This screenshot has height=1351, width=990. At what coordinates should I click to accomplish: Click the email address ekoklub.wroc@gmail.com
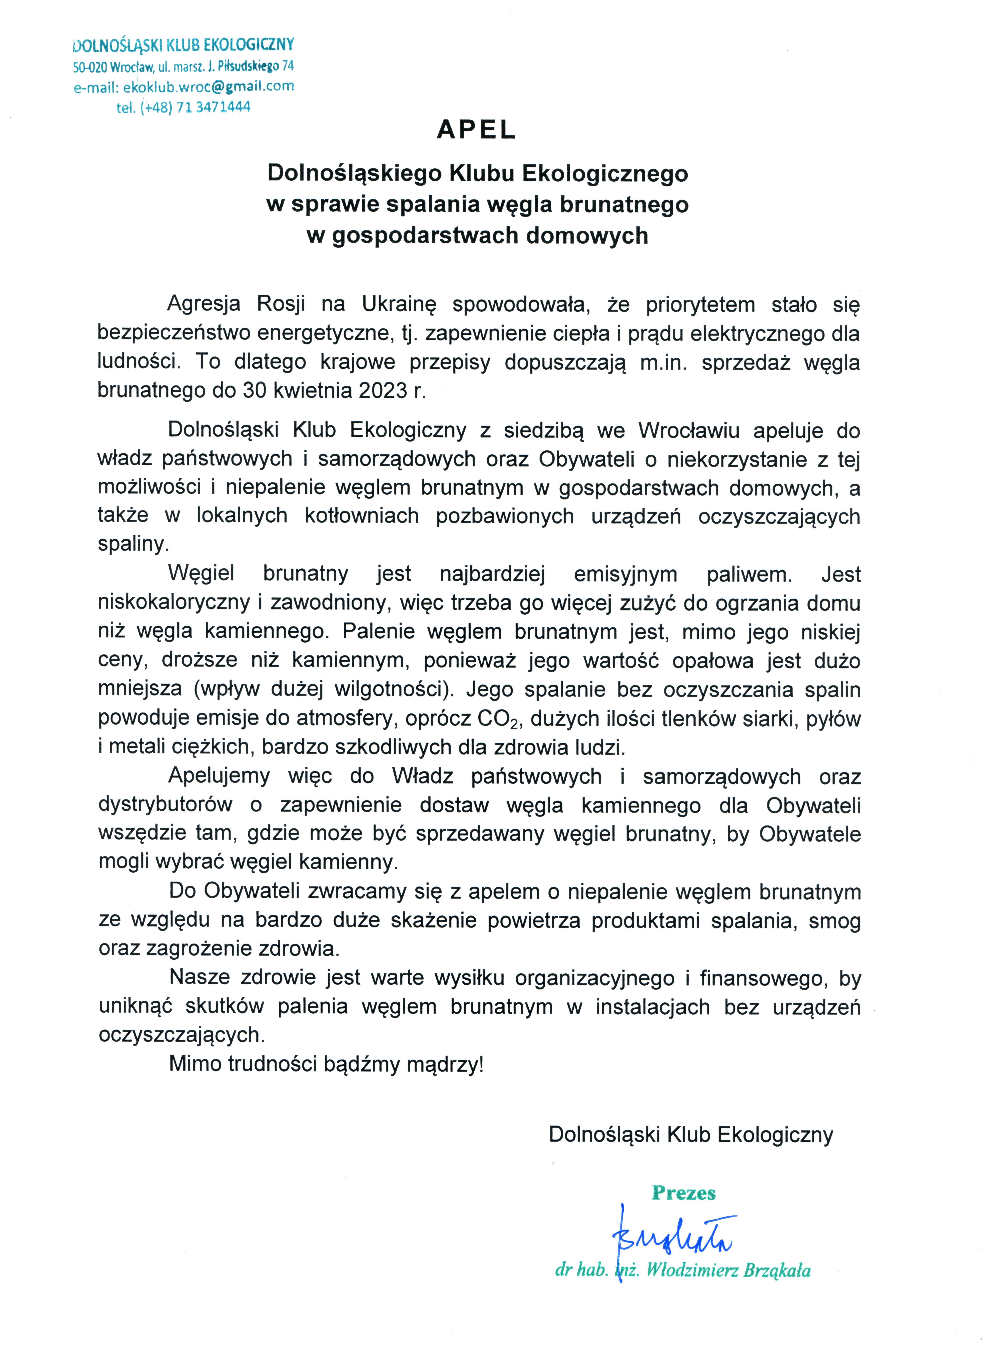(208, 87)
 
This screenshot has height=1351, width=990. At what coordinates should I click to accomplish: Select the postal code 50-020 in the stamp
(90, 67)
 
